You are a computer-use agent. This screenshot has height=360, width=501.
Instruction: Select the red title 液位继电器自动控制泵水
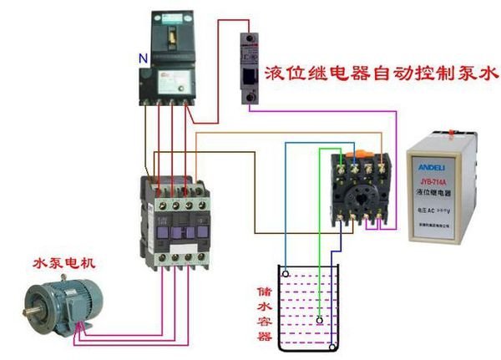point(381,72)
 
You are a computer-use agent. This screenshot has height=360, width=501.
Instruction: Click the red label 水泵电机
point(64,263)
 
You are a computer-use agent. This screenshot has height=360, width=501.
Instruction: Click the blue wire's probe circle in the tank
point(286,271)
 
